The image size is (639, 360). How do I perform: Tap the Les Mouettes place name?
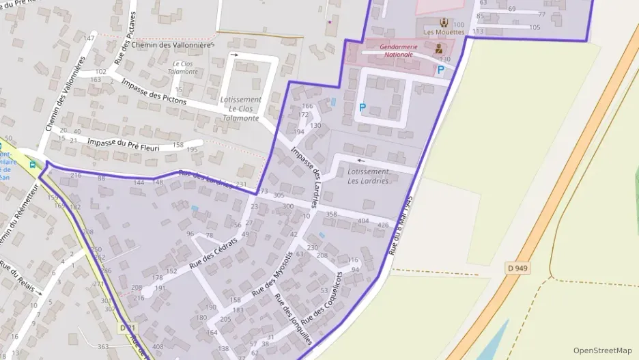tap(444, 32)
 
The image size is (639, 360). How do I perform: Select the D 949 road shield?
tap(517, 268)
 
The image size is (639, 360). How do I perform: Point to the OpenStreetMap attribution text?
tap(602, 350)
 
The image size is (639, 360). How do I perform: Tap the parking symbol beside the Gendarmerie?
tap(440, 69)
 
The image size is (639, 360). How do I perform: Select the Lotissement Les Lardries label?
tap(368, 176)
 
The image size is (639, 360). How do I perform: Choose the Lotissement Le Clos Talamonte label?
tap(240, 109)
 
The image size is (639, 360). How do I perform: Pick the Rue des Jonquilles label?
tap(292, 318)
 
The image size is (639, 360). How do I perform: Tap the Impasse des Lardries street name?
tap(305, 176)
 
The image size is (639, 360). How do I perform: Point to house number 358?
tap(331, 214)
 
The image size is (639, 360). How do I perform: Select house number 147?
tap(89, 38)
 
